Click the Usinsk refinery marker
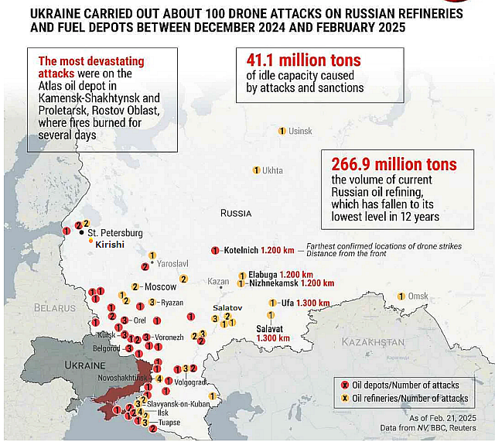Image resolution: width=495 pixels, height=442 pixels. click(282, 131)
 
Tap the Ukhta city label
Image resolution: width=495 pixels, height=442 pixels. click(272, 170)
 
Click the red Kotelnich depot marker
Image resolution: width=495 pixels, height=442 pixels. click(215, 250)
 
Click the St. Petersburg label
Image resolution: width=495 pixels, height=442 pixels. click(115, 232)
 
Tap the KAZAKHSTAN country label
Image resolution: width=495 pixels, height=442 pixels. click(374, 341)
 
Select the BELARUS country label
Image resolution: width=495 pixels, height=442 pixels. click(52, 308)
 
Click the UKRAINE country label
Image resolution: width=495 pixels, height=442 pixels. click(84, 365)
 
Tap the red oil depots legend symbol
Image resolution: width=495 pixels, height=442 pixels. click(345, 385)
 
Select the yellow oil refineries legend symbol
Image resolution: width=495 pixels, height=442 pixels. click(345, 398)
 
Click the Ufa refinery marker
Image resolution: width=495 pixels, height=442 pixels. click(271, 303)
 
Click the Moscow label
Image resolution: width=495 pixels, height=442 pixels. click(160, 286)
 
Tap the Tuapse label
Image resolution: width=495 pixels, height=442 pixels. click(169, 423)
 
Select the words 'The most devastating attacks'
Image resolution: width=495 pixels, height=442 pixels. click(91, 67)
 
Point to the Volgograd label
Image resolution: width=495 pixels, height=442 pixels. click(190, 382)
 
